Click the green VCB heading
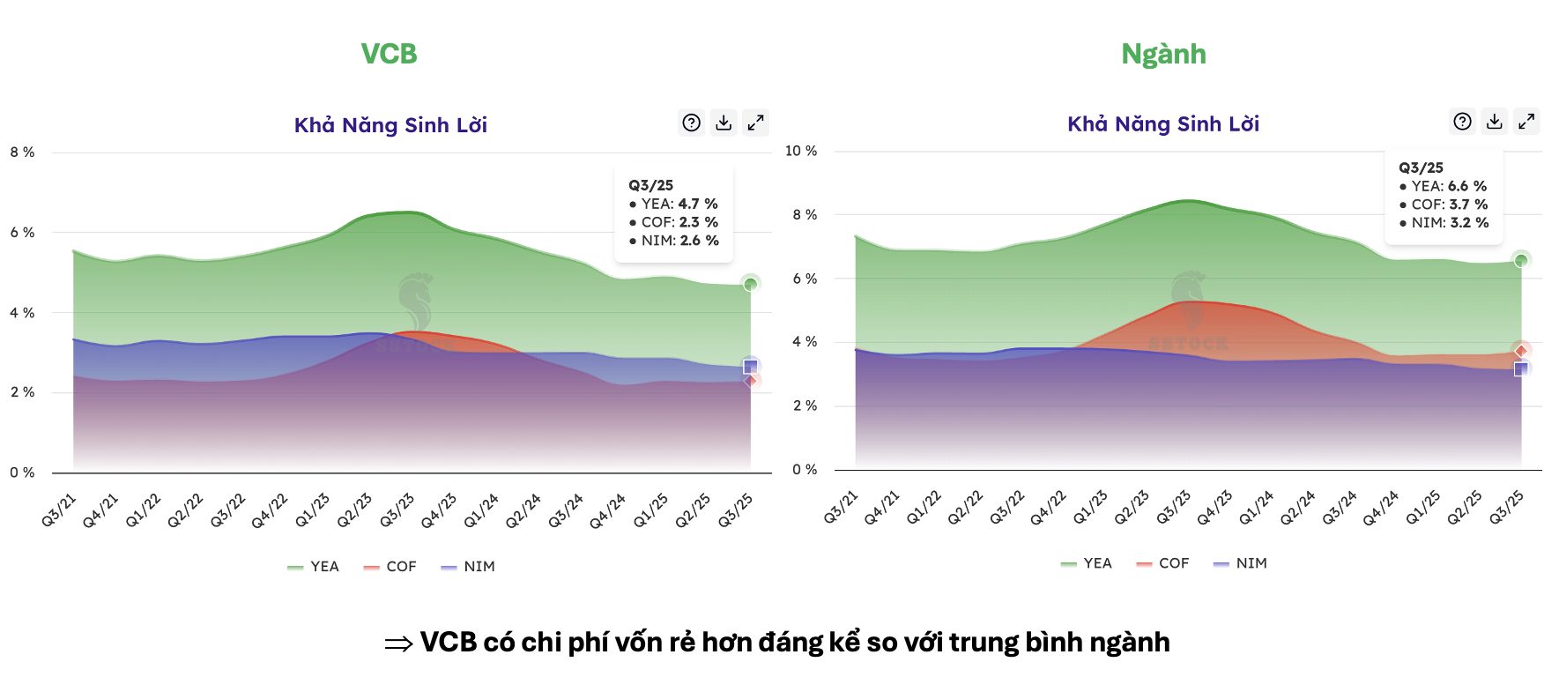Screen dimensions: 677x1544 389,54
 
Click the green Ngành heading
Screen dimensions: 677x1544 1163,54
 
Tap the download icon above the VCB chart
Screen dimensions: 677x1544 724,123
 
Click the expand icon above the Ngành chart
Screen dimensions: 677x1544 1526,122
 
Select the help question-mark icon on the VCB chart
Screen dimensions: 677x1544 692,123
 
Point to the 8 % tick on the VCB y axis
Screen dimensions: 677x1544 23,153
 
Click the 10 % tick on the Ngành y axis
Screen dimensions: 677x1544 801,151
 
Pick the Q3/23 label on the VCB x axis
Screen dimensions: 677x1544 397,511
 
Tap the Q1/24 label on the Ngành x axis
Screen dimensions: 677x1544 1256,509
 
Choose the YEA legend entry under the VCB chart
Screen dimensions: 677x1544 314,567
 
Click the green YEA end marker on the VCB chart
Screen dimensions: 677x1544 750,284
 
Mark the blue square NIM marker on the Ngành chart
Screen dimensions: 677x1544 1521,368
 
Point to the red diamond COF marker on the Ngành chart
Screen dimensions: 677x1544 1521,351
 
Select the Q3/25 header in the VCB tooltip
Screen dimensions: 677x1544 651,185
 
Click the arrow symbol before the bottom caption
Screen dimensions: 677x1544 398,644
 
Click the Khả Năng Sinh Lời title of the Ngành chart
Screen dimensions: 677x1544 1163,124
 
